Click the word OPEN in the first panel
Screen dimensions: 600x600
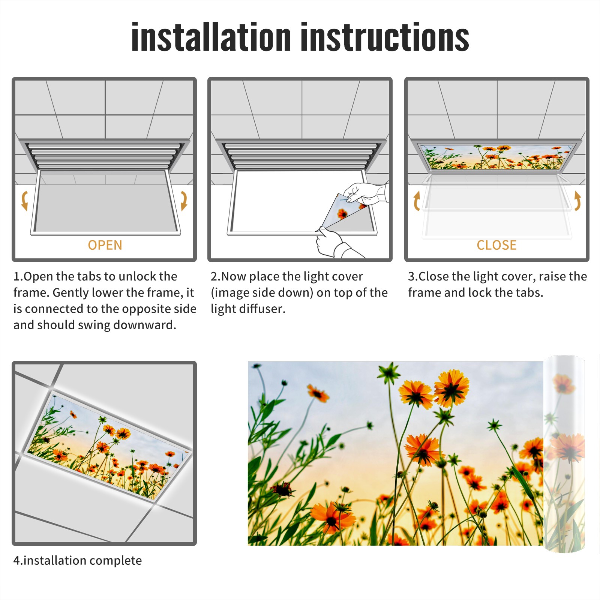105,245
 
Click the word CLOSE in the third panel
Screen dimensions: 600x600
496,245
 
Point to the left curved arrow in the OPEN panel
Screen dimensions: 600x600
25,201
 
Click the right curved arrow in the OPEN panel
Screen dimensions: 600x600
184,201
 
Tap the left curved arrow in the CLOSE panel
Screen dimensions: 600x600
416,201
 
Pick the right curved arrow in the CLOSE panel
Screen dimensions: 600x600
577,201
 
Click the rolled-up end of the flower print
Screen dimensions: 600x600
564,454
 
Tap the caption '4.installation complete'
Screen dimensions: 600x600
78,561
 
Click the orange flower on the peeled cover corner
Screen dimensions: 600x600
342,214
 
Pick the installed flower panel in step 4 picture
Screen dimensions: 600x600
109,446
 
